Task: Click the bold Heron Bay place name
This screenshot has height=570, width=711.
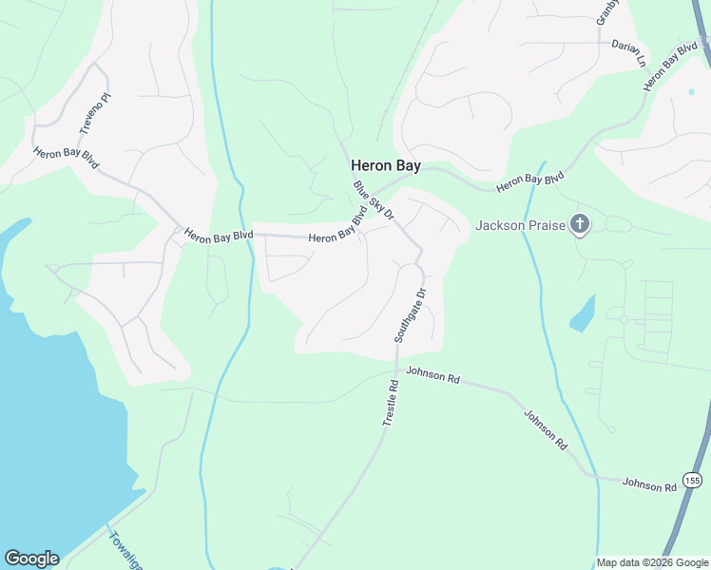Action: click(386, 165)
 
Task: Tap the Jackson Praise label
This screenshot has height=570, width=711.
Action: click(521, 225)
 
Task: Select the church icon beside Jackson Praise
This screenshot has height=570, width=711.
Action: click(580, 225)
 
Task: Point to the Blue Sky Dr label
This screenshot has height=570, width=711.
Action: click(374, 200)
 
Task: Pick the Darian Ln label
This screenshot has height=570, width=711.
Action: click(628, 53)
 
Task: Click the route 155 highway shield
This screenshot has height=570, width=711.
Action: click(692, 481)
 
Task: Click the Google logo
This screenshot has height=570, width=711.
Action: click(31, 559)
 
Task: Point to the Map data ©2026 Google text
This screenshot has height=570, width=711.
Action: click(652, 562)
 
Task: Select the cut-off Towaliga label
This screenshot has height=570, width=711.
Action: click(125, 550)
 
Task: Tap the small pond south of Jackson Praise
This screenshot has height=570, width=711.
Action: click(583, 313)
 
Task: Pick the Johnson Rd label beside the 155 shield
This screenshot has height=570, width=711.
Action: click(649, 484)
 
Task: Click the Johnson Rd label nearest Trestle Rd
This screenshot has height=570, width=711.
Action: click(432, 375)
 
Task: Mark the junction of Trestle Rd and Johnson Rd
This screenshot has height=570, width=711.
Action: click(396, 369)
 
